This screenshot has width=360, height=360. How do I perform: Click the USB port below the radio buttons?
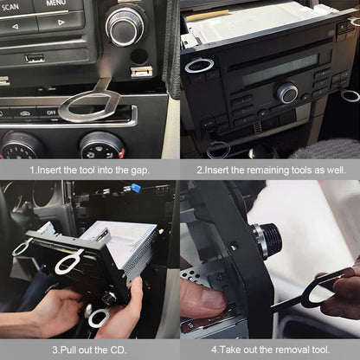pos(35,58)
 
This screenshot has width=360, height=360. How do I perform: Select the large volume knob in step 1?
pos(125,25)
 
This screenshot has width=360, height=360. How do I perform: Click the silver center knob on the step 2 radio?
pos(286,93)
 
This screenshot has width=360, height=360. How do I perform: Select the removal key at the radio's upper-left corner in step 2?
pos(198,66)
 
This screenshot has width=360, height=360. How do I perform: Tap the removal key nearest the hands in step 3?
pos(98,317)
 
